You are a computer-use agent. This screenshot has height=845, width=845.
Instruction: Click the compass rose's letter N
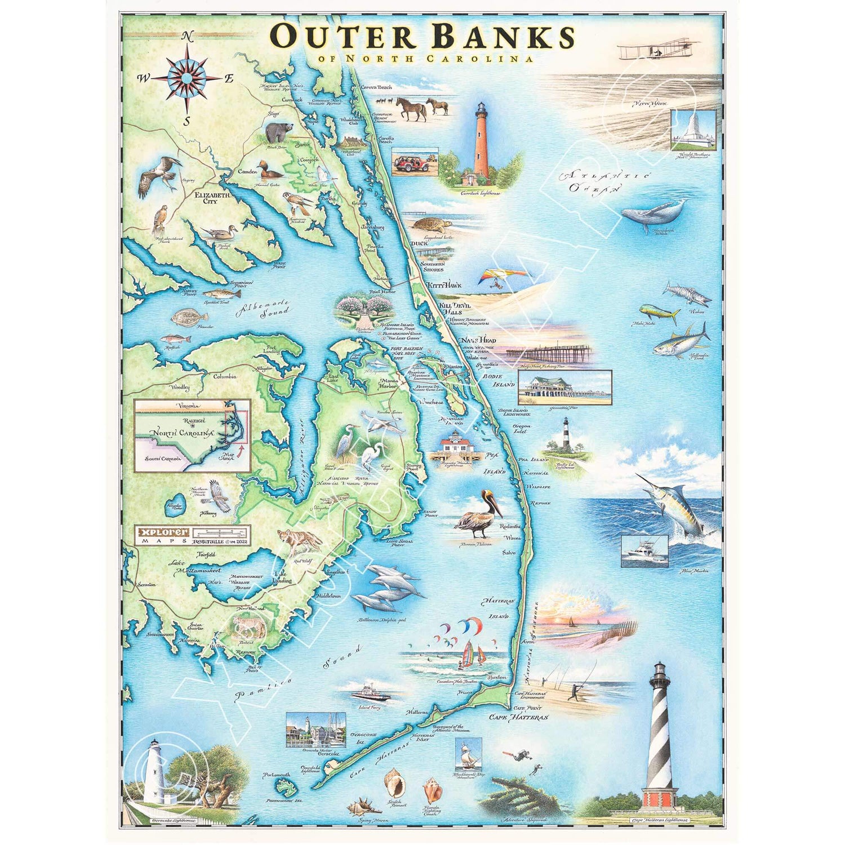188,37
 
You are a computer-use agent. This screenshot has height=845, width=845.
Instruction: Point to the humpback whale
653,213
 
